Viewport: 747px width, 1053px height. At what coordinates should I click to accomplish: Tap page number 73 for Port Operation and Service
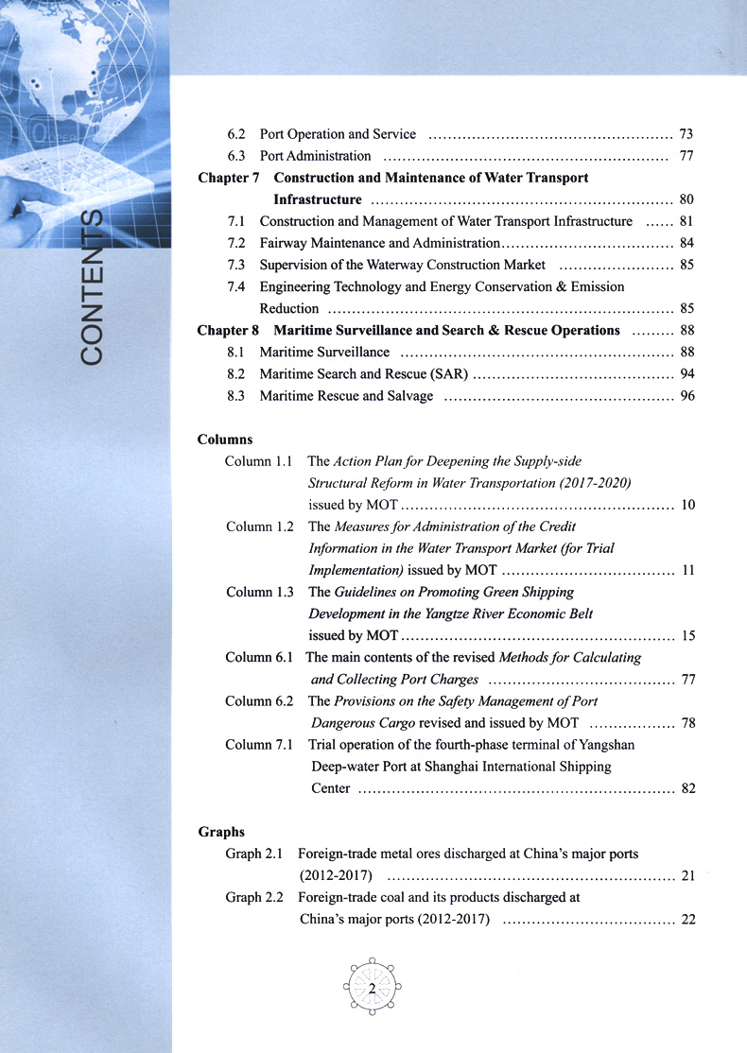[x=686, y=134]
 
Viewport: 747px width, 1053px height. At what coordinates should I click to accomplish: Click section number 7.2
[x=237, y=243]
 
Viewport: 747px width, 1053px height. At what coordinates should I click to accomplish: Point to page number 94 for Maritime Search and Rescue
[x=687, y=374]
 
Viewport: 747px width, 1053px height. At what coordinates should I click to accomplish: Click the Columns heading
[x=225, y=440]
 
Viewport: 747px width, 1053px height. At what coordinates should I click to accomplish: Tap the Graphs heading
[x=221, y=832]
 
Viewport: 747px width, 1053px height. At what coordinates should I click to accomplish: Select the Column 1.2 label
[x=260, y=526]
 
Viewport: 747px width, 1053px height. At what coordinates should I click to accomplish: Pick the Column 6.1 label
[x=259, y=657]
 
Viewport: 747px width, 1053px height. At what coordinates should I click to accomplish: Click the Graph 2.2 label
[x=254, y=897]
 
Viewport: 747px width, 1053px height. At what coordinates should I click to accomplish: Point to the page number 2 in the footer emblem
[x=373, y=989]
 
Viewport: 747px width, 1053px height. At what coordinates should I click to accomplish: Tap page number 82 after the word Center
[x=688, y=788]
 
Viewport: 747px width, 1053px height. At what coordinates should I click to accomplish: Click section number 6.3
[x=237, y=156]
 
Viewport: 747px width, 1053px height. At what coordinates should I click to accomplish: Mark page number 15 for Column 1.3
[x=688, y=635]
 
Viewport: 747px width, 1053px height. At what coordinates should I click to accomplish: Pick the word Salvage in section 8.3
[x=408, y=396]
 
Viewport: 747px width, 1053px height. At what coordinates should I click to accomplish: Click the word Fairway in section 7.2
[x=283, y=243]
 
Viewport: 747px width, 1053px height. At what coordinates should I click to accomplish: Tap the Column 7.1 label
[x=260, y=745]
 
